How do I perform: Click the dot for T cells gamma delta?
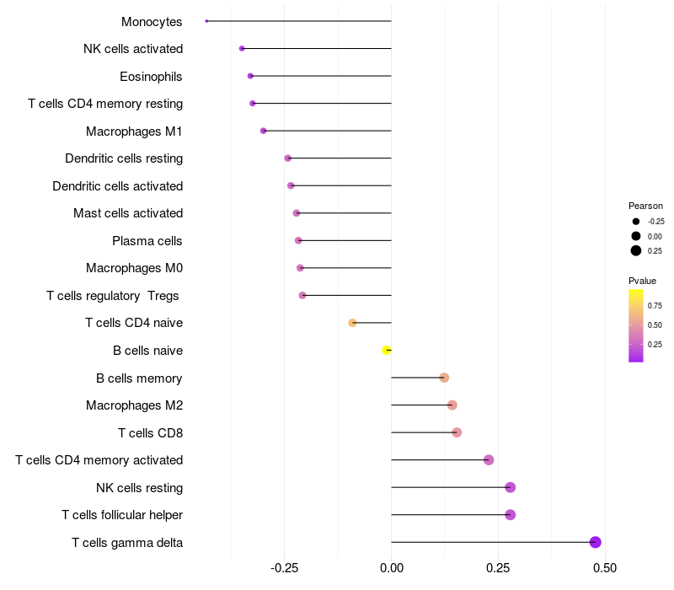point(596,542)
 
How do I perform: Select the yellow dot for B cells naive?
point(387,350)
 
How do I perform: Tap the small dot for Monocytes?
point(206,21)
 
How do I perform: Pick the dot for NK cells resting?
point(510,487)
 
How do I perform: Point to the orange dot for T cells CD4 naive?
point(352,323)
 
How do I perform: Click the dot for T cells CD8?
point(457,432)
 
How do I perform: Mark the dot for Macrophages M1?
point(264,131)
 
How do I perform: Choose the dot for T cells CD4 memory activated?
point(489,460)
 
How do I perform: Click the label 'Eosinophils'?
point(151,77)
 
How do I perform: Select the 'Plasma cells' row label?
point(147,241)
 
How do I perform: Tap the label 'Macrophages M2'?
point(134,405)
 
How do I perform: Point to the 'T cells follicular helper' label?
point(122,515)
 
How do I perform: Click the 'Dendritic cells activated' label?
point(117,186)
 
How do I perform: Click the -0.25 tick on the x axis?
point(285,568)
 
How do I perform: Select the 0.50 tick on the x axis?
point(604,568)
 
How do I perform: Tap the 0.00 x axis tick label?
point(392,568)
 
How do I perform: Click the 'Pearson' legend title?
point(645,206)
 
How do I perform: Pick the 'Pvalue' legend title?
point(642,281)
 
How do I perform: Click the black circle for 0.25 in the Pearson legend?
point(636,250)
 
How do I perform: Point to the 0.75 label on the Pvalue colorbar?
point(655,305)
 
